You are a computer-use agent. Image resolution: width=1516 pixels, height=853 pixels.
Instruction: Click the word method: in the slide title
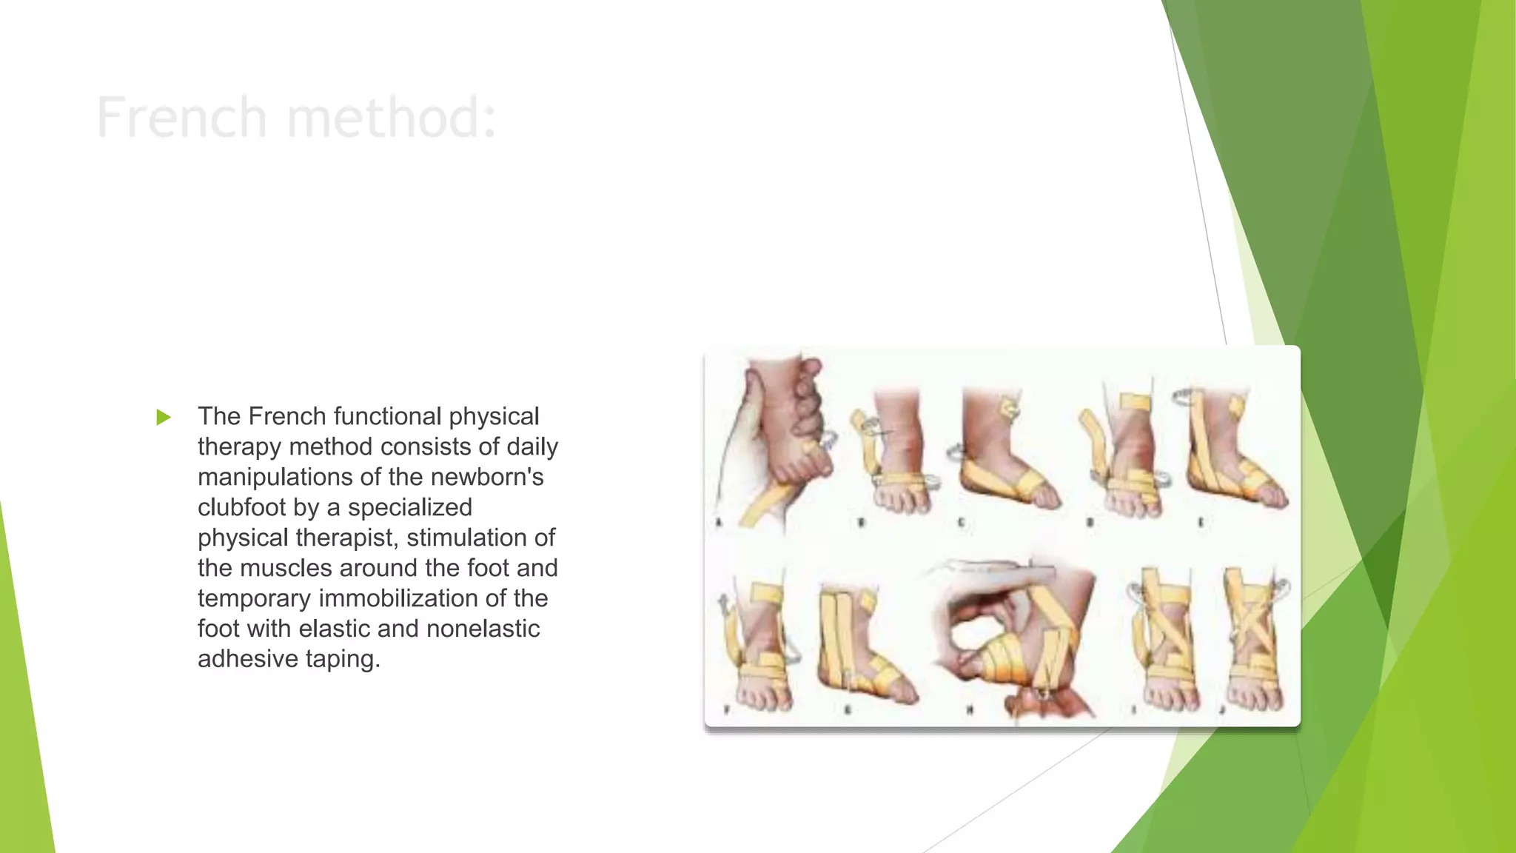(x=392, y=118)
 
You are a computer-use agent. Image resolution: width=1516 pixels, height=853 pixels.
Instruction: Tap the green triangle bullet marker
(x=164, y=418)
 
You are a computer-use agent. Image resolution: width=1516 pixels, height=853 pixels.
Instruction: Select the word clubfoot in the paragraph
(x=241, y=507)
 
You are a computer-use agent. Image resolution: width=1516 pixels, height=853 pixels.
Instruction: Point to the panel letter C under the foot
(x=961, y=523)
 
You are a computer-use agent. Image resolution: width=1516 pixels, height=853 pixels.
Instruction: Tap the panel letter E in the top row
(x=1201, y=523)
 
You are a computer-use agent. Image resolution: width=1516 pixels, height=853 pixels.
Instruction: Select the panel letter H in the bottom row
(x=970, y=710)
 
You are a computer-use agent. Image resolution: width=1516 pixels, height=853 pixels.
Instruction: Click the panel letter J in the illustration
(x=1222, y=710)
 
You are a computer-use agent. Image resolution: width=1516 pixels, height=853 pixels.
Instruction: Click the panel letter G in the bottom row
(x=848, y=710)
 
